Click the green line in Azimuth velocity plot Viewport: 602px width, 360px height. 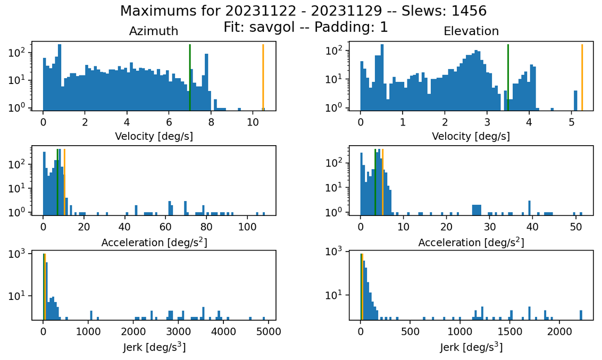190,78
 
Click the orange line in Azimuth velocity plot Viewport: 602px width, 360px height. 263,78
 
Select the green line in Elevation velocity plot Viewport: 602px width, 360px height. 508,78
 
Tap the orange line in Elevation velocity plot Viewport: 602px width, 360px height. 582,78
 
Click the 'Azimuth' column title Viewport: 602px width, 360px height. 154,31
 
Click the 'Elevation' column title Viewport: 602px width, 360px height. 471,31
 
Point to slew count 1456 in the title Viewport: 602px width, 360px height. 469,11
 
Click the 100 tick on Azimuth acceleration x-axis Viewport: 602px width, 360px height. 247,227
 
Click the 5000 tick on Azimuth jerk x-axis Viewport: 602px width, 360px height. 269,331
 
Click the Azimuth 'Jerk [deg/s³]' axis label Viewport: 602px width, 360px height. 154,347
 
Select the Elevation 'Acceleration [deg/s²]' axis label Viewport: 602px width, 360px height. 471,242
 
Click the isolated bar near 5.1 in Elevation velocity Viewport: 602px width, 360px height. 575,101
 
